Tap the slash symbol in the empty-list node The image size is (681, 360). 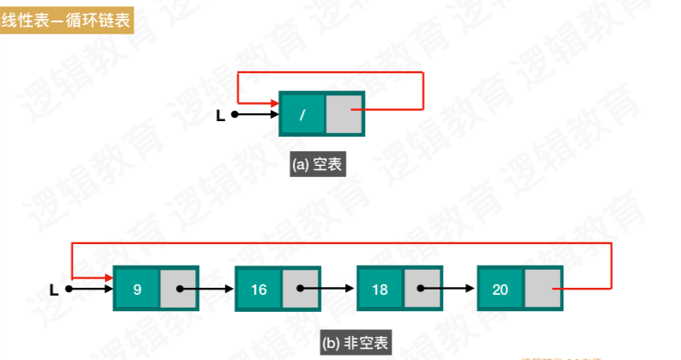[302, 114]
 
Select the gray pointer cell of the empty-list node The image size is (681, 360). [344, 113]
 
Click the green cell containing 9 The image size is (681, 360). [137, 289]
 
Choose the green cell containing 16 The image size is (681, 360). [258, 290]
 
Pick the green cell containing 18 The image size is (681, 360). [380, 290]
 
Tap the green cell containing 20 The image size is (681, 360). [501, 290]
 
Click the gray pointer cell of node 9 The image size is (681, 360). [179, 289]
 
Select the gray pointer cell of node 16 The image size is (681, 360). [301, 290]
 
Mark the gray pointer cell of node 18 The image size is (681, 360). [422, 290]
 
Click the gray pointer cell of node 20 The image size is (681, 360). [543, 290]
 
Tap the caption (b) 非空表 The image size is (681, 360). [354, 343]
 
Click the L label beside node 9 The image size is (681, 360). [54, 290]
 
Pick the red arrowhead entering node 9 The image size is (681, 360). [108, 278]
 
